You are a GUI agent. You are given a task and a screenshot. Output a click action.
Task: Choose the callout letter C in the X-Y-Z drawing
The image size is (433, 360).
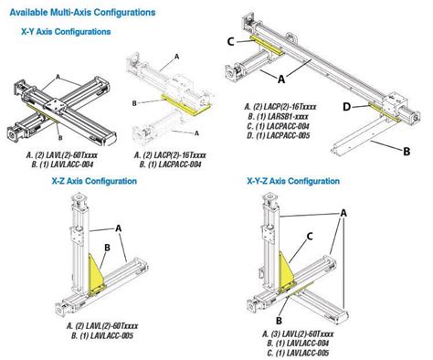pyautogui.click(x=310, y=235)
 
